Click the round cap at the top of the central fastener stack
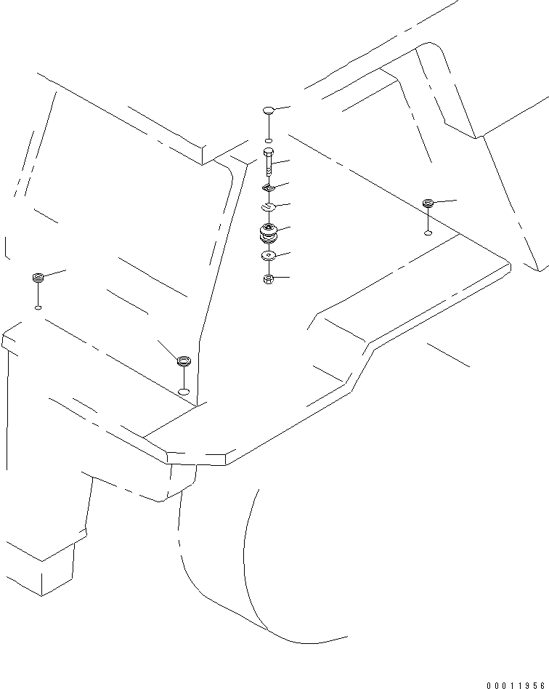[268, 110]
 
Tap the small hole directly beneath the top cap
[269, 140]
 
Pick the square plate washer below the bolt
[269, 189]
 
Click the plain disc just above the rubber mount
[269, 208]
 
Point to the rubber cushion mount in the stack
[269, 233]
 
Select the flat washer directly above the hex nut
[269, 256]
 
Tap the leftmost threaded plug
[38, 277]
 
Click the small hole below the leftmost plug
[38, 307]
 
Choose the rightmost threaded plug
[428, 203]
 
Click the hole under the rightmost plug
[428, 233]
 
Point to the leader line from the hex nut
[281, 278]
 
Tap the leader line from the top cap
[282, 108]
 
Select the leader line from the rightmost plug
[444, 200]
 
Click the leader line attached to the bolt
[282, 161]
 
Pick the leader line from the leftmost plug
[55, 273]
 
